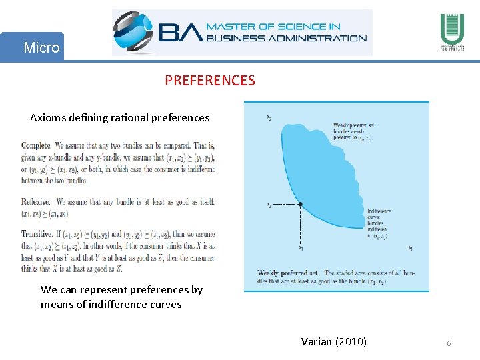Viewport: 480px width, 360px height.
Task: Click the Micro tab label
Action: point(41,47)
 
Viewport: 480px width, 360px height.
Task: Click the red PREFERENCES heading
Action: point(210,81)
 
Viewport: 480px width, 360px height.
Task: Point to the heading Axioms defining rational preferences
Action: point(119,118)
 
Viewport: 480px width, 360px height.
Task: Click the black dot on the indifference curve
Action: point(301,204)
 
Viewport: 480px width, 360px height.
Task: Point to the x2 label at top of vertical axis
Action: point(269,118)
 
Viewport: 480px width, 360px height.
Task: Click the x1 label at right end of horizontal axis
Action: point(410,249)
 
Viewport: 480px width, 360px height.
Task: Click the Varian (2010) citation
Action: point(333,342)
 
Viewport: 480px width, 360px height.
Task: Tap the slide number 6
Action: point(449,343)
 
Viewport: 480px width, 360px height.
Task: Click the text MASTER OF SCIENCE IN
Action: point(273,27)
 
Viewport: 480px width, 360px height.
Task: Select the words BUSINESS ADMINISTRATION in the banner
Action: point(286,38)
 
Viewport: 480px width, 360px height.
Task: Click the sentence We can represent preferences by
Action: point(121,290)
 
